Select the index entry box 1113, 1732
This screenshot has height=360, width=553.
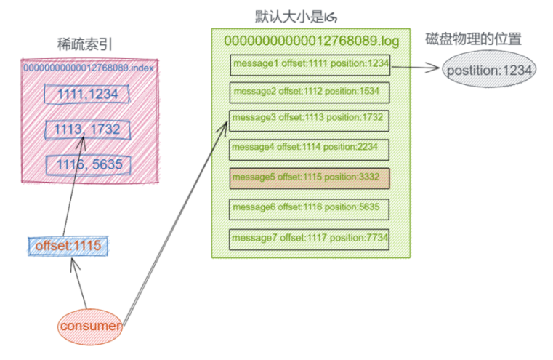[x=87, y=129]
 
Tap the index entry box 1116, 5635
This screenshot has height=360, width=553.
[x=87, y=164]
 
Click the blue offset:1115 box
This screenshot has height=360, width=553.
[x=68, y=247]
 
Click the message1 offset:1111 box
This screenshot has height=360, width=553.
[x=310, y=65]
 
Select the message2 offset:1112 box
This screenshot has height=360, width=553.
[x=310, y=92]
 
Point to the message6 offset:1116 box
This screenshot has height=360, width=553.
[x=310, y=208]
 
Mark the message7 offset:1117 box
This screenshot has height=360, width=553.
[x=310, y=239]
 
